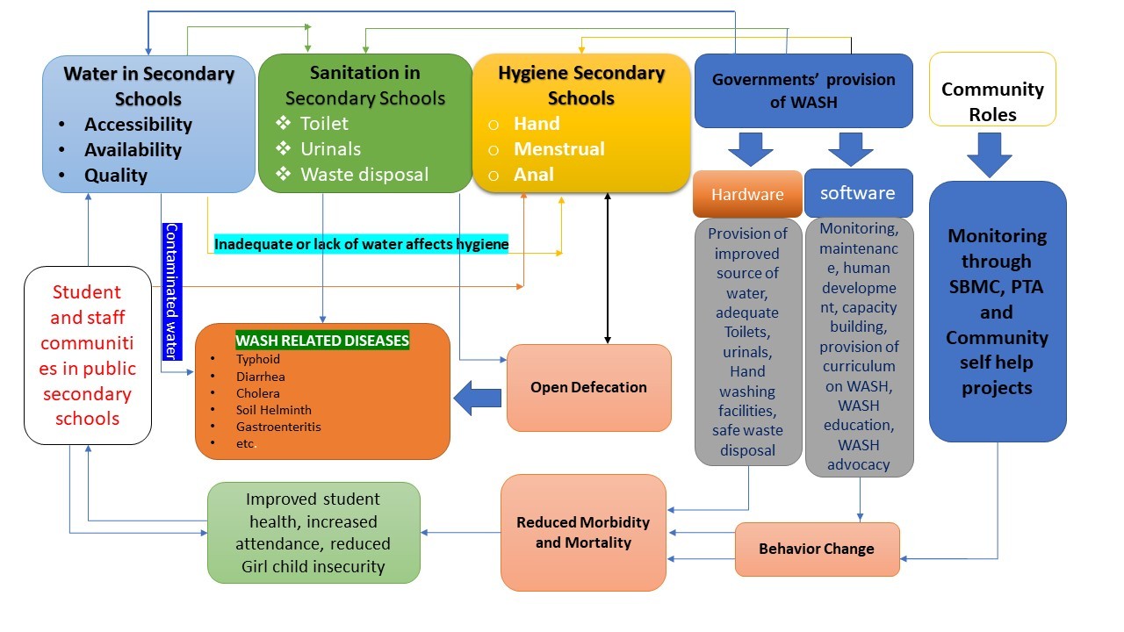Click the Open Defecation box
(x=588, y=387)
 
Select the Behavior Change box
(x=817, y=549)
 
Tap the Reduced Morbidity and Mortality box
(x=583, y=533)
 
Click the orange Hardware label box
(x=747, y=194)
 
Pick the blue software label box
(x=858, y=193)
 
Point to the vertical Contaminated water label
(x=172, y=291)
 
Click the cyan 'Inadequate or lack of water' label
(x=362, y=244)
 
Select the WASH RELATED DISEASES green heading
(x=322, y=340)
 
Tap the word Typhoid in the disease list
(x=257, y=359)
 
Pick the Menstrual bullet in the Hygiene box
(x=558, y=149)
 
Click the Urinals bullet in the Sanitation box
(x=330, y=149)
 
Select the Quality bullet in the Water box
(x=115, y=176)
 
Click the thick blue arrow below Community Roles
(x=990, y=154)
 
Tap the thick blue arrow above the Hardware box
(x=750, y=148)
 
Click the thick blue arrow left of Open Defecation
(x=477, y=399)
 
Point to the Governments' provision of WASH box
(x=803, y=90)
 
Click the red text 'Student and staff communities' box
(x=87, y=355)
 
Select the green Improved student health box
(x=313, y=533)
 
